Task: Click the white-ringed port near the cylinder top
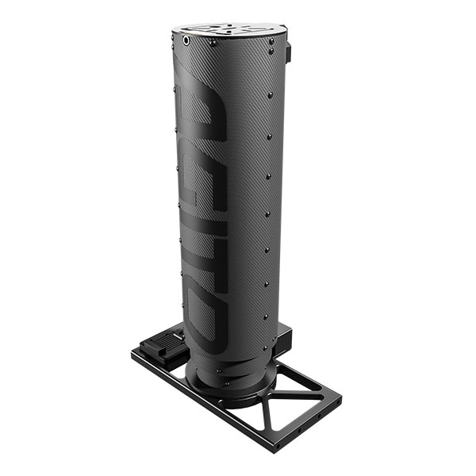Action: coord(186,40)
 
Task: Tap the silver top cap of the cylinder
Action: coord(230,30)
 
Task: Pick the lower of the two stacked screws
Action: coord(271,52)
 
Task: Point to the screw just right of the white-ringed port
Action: coord(213,43)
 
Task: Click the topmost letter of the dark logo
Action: coord(202,113)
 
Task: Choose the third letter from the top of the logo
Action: coord(205,248)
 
